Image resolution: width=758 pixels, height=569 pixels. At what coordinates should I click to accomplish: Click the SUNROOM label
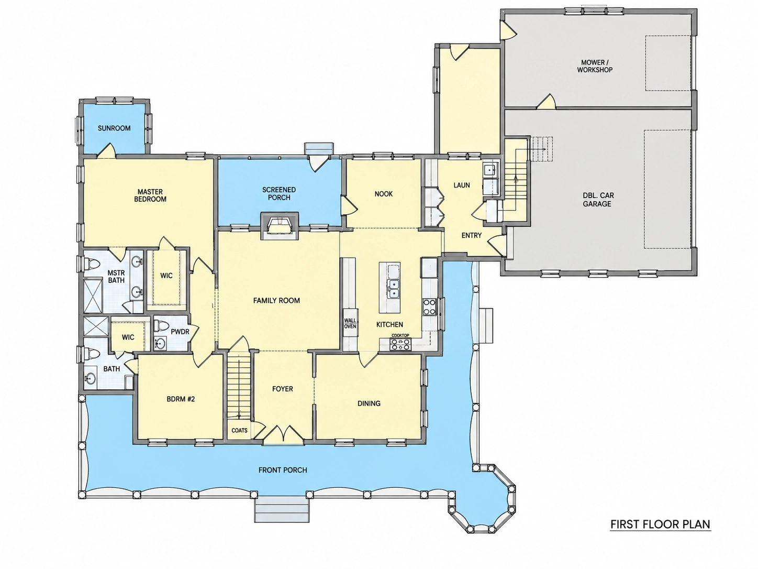(x=114, y=128)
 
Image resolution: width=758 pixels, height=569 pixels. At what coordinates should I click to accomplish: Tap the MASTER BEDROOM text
(x=150, y=195)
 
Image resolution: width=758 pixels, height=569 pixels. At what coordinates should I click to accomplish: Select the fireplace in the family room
(x=280, y=225)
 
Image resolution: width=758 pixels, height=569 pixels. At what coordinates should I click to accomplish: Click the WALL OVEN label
(x=350, y=323)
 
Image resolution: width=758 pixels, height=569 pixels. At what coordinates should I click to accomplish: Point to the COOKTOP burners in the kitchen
(x=400, y=344)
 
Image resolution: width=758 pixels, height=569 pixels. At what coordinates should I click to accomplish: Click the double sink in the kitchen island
(x=393, y=289)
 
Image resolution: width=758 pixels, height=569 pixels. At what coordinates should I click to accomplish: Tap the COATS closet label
(x=239, y=431)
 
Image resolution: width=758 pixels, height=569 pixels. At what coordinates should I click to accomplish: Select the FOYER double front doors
(x=283, y=434)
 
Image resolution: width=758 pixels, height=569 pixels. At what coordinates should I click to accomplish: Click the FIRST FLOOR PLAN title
(x=660, y=524)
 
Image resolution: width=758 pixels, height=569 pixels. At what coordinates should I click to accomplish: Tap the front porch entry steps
(x=282, y=509)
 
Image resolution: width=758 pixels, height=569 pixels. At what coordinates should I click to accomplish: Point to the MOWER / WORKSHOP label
(x=595, y=66)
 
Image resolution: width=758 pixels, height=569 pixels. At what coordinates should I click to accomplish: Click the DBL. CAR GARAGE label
(x=597, y=199)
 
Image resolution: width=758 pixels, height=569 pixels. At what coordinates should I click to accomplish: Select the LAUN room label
(x=462, y=185)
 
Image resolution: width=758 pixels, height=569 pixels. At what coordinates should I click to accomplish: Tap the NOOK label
(x=384, y=194)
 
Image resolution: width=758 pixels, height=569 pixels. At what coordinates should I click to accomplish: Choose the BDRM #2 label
(x=181, y=399)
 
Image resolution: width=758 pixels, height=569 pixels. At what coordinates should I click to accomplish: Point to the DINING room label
(x=369, y=403)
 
